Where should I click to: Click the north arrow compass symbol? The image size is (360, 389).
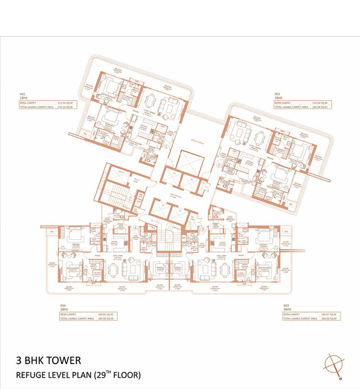pyautogui.click(x=335, y=366)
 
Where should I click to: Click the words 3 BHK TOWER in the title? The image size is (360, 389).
pyautogui.click(x=48, y=361)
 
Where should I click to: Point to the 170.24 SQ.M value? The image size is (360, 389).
pyautogui.click(x=65, y=108)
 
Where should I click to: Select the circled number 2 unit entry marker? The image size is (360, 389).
pyautogui.click(x=218, y=165)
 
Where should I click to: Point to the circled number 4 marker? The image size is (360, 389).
pyautogui.click(x=135, y=228)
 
